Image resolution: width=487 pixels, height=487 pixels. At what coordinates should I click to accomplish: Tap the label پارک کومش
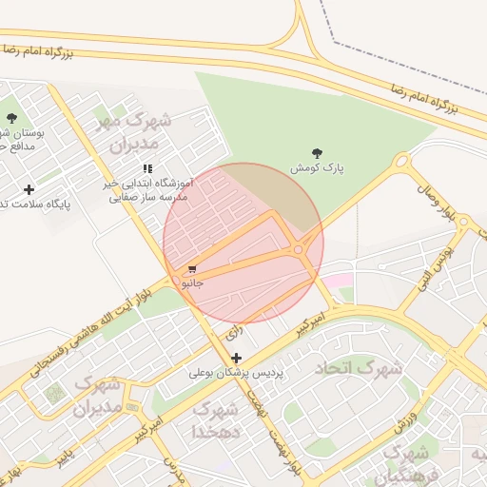click(318, 167)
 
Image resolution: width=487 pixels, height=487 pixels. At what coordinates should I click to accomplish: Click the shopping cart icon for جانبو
click(193, 269)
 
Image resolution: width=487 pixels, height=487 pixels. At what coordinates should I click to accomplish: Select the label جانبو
click(193, 282)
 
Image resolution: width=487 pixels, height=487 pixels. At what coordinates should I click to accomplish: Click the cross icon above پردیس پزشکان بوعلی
click(237, 358)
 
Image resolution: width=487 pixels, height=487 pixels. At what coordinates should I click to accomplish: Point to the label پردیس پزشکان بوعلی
click(237, 373)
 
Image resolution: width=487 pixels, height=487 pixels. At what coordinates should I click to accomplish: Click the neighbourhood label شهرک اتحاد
click(359, 367)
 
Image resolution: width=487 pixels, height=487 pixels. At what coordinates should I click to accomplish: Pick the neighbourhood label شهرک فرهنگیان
click(403, 463)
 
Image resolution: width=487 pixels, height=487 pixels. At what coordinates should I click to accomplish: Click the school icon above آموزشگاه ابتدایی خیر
click(146, 168)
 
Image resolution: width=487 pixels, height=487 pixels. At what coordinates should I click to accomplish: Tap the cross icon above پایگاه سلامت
click(29, 189)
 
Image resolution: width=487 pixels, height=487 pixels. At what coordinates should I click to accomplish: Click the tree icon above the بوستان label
click(11, 118)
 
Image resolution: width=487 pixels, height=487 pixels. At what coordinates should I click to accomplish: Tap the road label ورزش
click(405, 414)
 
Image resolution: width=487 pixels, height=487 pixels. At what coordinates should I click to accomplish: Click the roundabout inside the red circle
click(300, 249)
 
